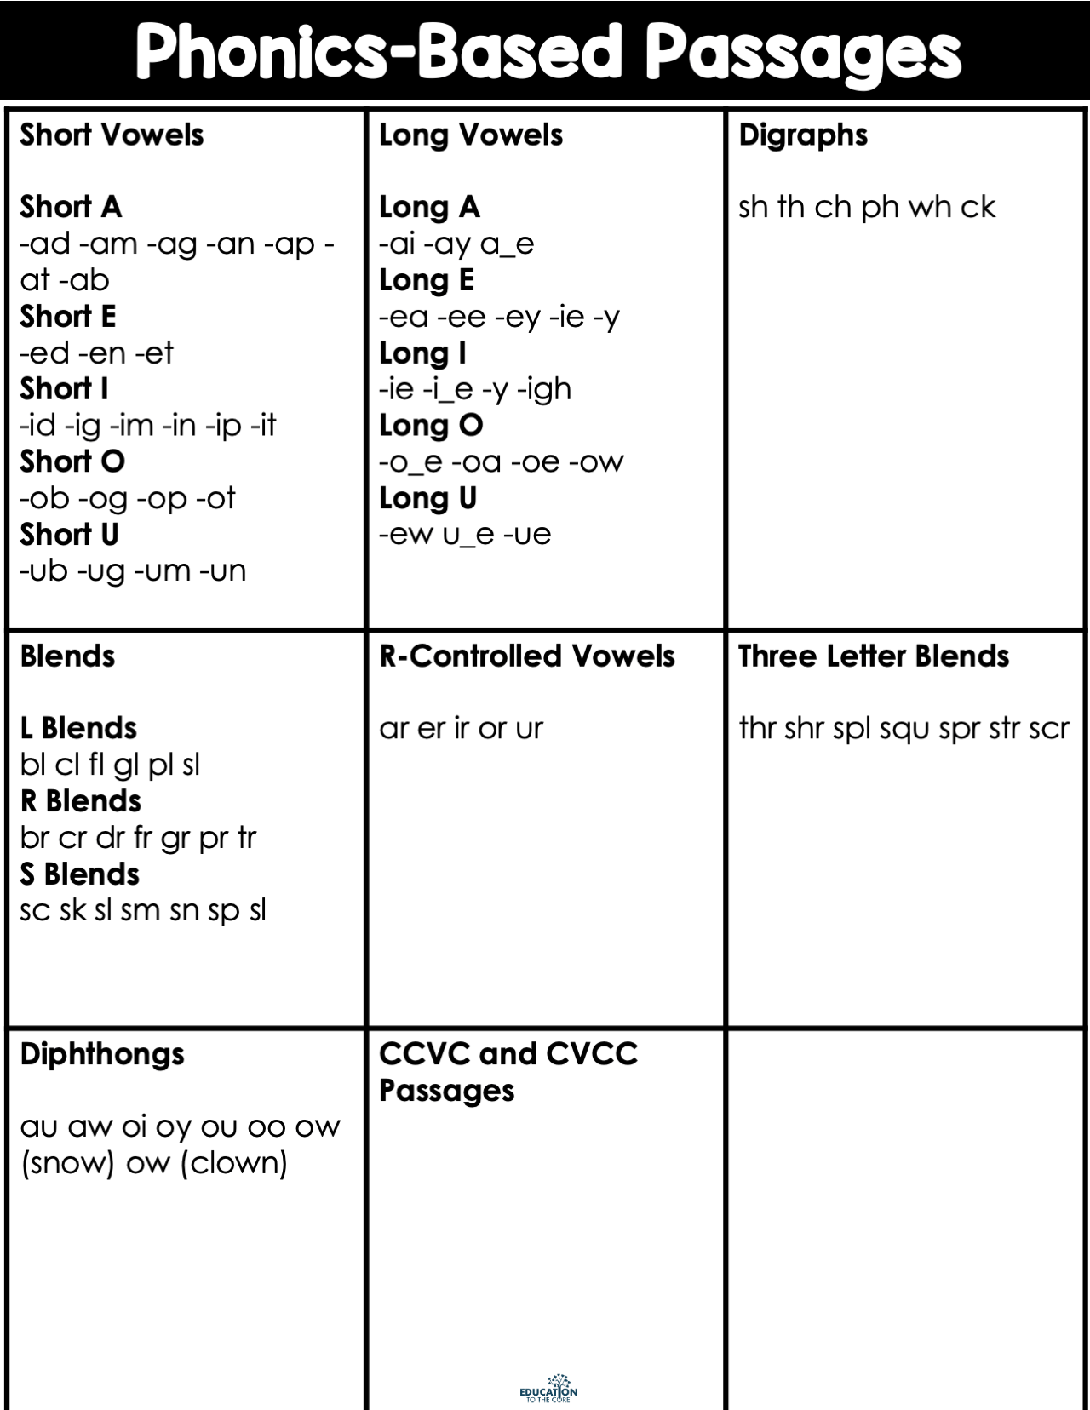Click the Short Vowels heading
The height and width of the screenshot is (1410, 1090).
click(112, 135)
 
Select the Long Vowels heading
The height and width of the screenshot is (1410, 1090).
click(471, 135)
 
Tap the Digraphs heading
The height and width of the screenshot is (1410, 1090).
click(803, 135)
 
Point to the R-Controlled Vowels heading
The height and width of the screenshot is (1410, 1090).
click(527, 656)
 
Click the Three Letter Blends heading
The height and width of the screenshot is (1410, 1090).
click(874, 656)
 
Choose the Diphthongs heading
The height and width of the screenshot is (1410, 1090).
click(102, 1054)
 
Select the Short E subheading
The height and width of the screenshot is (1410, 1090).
click(68, 317)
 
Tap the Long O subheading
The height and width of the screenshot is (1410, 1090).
click(431, 425)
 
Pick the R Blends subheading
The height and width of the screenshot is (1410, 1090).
click(81, 801)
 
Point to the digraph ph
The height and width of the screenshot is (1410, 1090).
click(880, 208)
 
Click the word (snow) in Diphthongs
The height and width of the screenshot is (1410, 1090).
click(67, 1163)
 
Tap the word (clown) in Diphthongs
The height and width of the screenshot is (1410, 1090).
click(233, 1163)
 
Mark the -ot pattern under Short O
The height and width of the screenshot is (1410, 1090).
click(215, 498)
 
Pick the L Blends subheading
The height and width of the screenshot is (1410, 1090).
click(78, 728)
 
